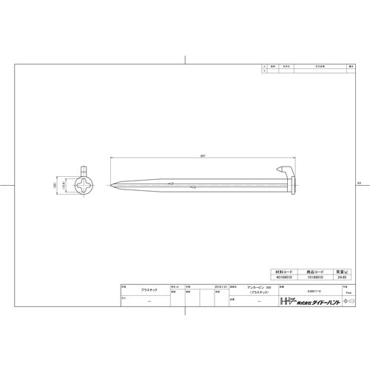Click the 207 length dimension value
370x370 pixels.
click(x=203, y=156)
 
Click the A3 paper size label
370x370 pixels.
click(x=359, y=182)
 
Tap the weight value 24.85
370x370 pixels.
click(x=341, y=278)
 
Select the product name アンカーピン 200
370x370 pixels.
click(x=249, y=288)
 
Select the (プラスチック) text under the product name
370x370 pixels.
click(x=249, y=294)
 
